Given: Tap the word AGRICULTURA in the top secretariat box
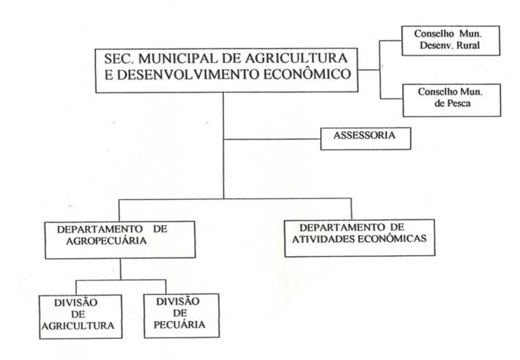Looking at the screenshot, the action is tap(296, 59).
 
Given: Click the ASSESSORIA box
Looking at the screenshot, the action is tap(365, 139).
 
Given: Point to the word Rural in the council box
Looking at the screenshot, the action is tap(469, 45).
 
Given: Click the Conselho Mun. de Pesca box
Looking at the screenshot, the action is tap(452, 100).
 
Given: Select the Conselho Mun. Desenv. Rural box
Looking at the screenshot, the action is tap(450, 41).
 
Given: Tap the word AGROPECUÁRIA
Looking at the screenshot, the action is tap(106, 241).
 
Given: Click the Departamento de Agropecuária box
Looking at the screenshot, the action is tap(120, 240).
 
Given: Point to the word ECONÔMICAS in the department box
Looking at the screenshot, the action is tap(393, 239).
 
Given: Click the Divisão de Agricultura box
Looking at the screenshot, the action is tap(81, 317).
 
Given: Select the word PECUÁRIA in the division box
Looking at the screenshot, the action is tap(179, 325).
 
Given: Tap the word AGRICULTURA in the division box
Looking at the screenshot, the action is tap(78, 326).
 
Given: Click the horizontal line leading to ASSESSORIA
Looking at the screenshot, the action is tap(272, 140).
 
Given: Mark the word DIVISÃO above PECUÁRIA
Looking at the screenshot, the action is tap(178, 301).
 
